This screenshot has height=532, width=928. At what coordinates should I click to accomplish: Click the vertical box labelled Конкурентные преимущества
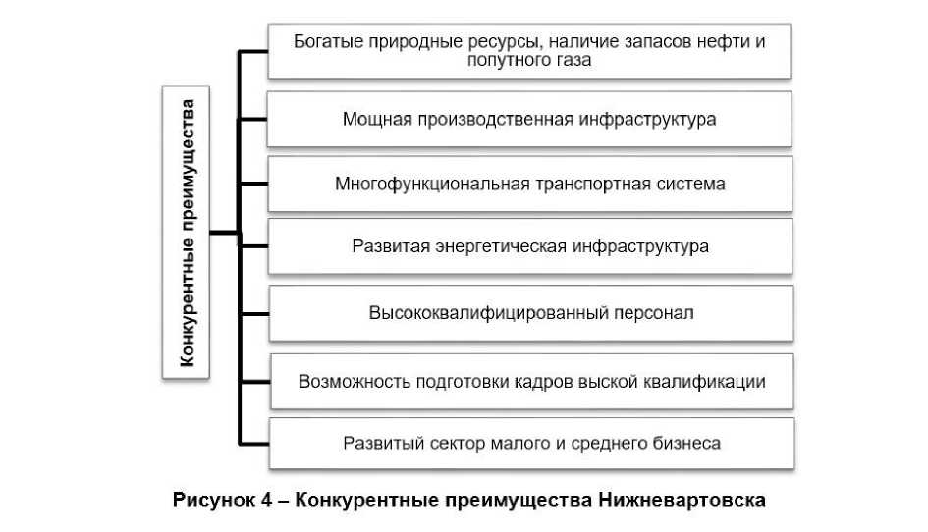188,233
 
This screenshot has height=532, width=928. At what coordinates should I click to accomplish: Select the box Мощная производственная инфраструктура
530,119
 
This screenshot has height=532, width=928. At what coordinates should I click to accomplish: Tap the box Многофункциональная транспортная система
530,184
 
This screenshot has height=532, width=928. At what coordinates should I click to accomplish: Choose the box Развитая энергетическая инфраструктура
530,246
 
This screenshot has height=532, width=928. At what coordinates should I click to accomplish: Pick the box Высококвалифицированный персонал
530,313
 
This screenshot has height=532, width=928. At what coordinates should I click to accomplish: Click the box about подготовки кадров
530,380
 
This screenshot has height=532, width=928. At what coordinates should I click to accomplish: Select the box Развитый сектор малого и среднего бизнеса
530,443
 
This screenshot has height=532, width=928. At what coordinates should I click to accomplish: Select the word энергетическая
501,246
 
